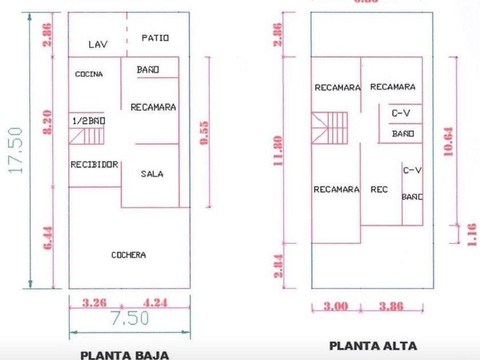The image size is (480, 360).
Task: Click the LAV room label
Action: [x=98, y=44]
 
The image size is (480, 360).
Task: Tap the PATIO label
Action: [x=155, y=38]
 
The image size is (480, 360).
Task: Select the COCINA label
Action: [x=89, y=74]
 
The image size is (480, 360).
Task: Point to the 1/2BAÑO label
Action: [x=89, y=121]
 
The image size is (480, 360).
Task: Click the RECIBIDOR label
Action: [x=94, y=165]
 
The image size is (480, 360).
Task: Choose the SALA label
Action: [x=152, y=174]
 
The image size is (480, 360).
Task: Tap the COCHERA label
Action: [x=129, y=255]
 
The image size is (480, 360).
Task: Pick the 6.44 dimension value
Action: [x=49, y=237]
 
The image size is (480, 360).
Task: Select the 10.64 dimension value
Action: [x=449, y=141]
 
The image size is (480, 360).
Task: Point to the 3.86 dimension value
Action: [x=391, y=307]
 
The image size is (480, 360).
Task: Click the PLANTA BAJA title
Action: [x=125, y=355]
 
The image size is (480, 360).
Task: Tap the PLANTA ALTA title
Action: [x=373, y=346]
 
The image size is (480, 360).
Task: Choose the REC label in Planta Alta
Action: [x=379, y=190]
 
